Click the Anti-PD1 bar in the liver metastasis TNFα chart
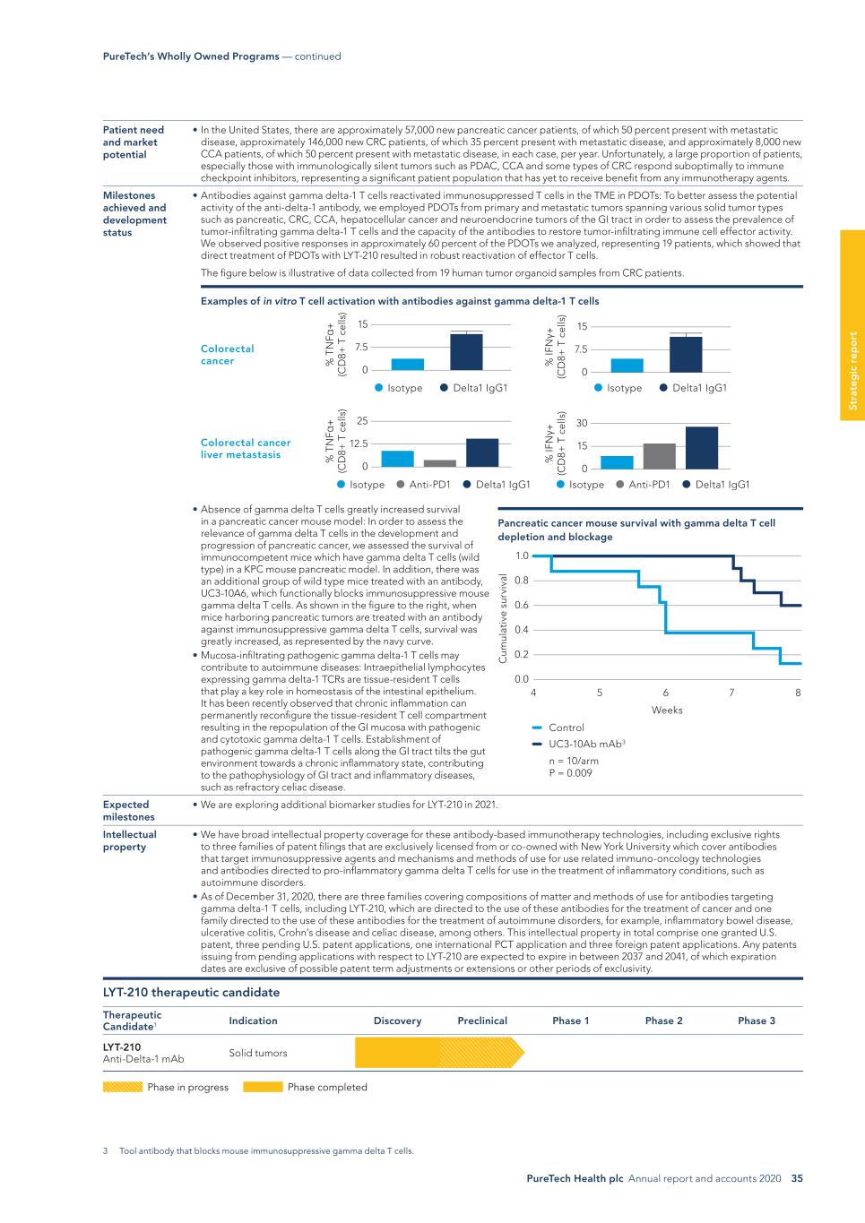[439, 463]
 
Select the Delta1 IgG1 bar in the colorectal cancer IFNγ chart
[686, 354]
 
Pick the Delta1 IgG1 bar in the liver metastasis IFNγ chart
[702, 448]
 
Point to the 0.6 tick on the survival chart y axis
[521, 605]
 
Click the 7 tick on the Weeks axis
[731, 693]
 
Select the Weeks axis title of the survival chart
[666, 710]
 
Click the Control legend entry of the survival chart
[566, 728]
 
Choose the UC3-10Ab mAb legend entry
[585, 744]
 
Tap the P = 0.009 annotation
[570, 773]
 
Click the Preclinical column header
[482, 1021]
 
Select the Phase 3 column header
[757, 1021]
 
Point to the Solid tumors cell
[258, 1053]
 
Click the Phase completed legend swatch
[263, 1087]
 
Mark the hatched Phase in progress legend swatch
[123, 1087]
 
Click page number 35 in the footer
[797, 1178]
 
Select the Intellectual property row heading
[129, 840]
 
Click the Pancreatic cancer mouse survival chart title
[636, 530]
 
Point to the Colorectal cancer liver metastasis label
[246, 448]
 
